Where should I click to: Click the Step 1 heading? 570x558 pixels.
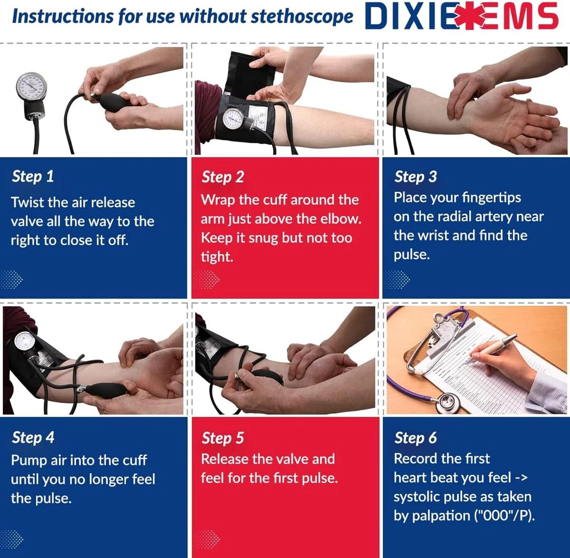click(x=33, y=176)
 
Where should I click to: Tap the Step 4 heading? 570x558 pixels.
click(x=33, y=437)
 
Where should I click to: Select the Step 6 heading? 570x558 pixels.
click(x=416, y=438)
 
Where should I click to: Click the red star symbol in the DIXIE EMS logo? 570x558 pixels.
click(x=473, y=16)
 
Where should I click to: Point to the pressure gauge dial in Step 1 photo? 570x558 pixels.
click(x=30, y=88)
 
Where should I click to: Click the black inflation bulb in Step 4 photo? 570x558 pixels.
click(x=106, y=390)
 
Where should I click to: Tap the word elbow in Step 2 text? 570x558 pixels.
click(x=341, y=218)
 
